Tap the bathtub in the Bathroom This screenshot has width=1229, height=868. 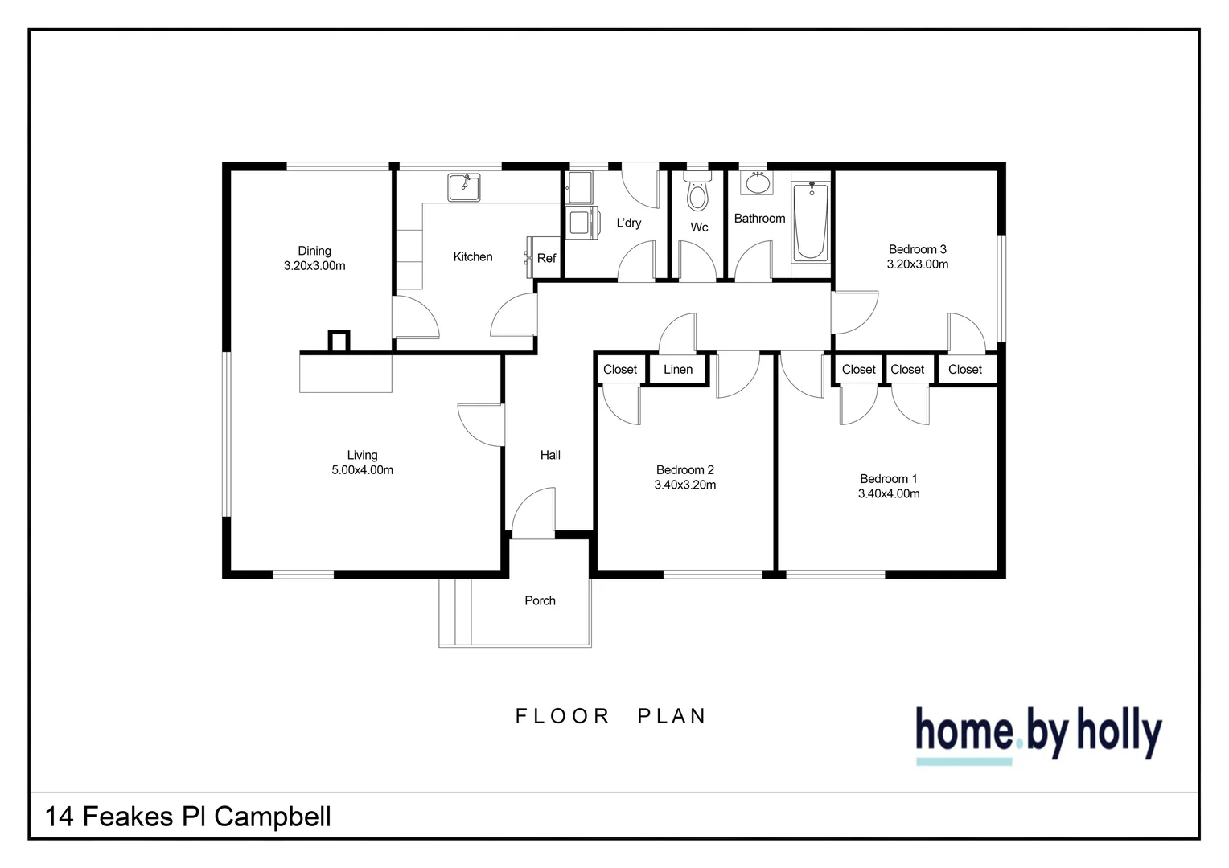810,221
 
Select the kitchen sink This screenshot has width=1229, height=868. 464,187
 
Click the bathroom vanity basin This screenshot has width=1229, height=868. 757,183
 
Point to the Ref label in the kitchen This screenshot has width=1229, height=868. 546,258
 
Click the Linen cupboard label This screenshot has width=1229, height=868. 678,370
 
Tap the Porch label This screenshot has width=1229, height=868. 540,600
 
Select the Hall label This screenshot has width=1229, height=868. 550,455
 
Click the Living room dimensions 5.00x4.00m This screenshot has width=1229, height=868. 362,470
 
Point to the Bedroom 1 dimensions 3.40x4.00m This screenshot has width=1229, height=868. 889,493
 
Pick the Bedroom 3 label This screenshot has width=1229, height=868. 917,249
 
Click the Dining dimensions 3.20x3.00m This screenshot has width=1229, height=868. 314,266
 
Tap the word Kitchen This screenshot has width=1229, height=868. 473,257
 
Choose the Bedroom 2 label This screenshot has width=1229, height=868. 685,470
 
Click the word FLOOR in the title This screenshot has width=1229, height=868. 563,716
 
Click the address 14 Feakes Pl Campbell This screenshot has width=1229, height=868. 188,817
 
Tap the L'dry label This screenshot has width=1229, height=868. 629,223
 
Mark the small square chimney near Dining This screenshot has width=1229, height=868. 339,341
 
